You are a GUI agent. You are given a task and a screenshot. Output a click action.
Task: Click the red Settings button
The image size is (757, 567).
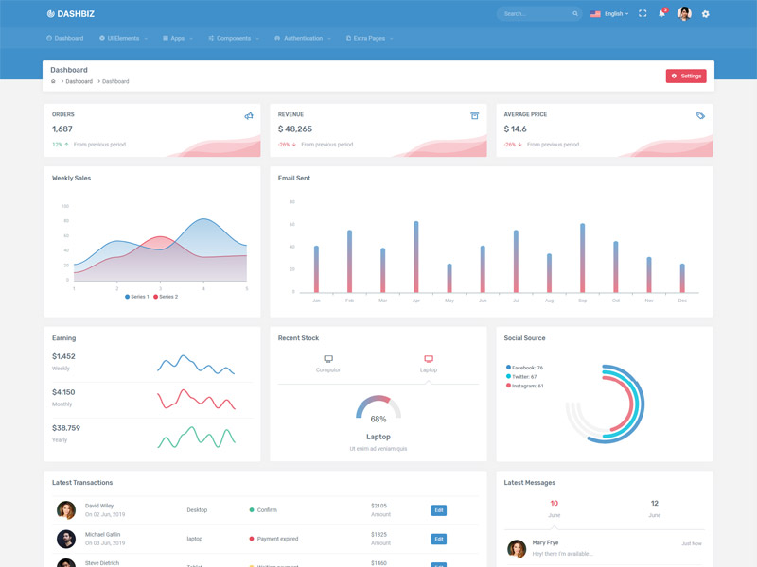tap(686, 76)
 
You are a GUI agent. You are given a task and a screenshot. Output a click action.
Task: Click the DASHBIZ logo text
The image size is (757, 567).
tap(76, 14)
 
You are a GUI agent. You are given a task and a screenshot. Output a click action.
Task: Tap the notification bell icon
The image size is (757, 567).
tap(662, 14)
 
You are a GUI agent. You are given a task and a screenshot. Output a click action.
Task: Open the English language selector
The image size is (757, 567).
tap(609, 14)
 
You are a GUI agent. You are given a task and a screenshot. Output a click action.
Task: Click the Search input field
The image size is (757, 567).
tap(535, 14)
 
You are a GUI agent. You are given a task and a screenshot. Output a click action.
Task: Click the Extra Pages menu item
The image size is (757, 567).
tap(369, 39)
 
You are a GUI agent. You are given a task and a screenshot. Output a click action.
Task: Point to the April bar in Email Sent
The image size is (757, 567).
tap(416, 257)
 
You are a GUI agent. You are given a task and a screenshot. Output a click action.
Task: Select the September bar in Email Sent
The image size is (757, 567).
tap(582, 258)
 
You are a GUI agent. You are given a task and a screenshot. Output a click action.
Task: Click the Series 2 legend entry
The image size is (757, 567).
tap(165, 297)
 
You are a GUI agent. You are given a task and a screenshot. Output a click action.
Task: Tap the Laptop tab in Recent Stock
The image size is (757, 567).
tap(429, 364)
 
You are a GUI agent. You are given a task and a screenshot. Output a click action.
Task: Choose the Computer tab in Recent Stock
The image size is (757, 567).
tap(328, 364)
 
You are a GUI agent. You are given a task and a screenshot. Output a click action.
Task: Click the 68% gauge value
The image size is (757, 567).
tap(378, 419)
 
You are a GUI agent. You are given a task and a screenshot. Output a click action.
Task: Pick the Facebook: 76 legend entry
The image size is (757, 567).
tap(527, 368)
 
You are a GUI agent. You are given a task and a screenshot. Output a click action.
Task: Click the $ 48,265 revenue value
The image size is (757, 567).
tap(295, 129)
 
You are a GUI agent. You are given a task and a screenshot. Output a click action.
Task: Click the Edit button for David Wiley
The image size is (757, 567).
tap(438, 510)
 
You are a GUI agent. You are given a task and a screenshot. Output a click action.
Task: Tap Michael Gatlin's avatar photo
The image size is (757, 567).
tap(66, 539)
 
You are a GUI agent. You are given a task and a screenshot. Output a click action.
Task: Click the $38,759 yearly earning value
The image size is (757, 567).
tap(66, 428)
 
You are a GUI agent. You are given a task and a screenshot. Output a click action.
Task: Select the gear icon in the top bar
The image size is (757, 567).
tap(705, 14)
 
